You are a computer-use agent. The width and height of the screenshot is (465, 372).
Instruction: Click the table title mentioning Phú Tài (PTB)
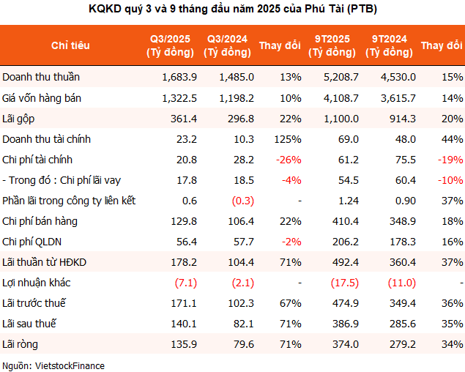coord(232,10)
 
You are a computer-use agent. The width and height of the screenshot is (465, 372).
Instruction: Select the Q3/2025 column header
coord(171,45)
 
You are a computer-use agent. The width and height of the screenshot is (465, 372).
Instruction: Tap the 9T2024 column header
coord(387,45)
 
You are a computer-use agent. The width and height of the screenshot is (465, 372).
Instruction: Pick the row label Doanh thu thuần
coord(41,77)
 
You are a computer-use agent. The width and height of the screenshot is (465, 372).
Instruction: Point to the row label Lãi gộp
coord(20,118)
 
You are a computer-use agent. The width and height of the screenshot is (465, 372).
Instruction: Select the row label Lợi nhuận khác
coord(37,282)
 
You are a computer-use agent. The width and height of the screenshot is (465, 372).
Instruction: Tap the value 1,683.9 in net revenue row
coord(179,77)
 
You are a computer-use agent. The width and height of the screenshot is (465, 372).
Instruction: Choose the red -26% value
coord(288,159)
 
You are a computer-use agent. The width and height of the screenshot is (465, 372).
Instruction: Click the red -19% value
coord(450,159)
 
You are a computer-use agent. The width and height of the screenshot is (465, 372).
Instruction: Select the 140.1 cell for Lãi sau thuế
coord(182,323)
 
